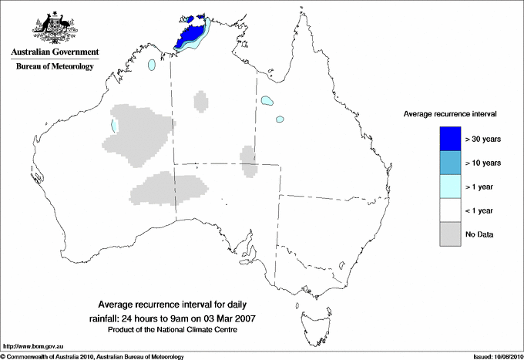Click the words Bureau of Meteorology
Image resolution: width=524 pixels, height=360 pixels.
(54, 66)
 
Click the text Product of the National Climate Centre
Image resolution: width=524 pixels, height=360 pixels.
(178, 330)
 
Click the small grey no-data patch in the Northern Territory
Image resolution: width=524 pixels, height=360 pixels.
(201, 101)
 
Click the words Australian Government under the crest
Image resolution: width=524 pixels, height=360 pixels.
(54, 52)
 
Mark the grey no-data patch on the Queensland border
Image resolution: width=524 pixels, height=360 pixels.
(248, 159)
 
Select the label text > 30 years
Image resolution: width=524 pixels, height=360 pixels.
(483, 139)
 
